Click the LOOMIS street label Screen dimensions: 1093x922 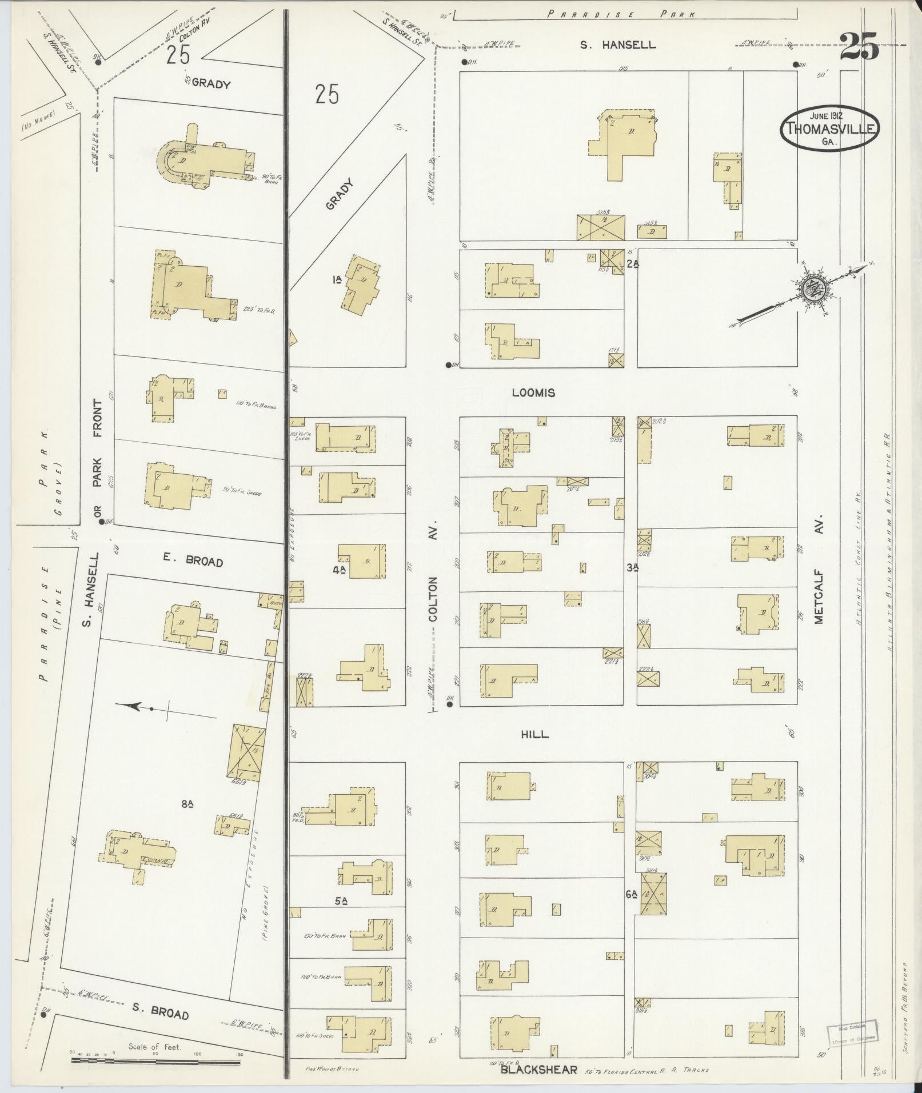pyautogui.click(x=533, y=393)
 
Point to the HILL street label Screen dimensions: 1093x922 pyautogui.click(x=535, y=734)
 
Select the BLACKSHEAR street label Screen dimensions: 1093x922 pyautogui.click(x=539, y=1070)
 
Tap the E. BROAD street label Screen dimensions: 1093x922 pyautogui.click(x=192, y=562)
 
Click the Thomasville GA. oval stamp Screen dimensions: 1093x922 pyautogui.click(x=830, y=129)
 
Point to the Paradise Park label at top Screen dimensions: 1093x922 pyautogui.click(x=621, y=15)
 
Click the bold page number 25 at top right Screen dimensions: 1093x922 pyautogui.click(x=859, y=46)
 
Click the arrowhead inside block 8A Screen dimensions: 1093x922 pyautogui.click(x=135, y=707)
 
